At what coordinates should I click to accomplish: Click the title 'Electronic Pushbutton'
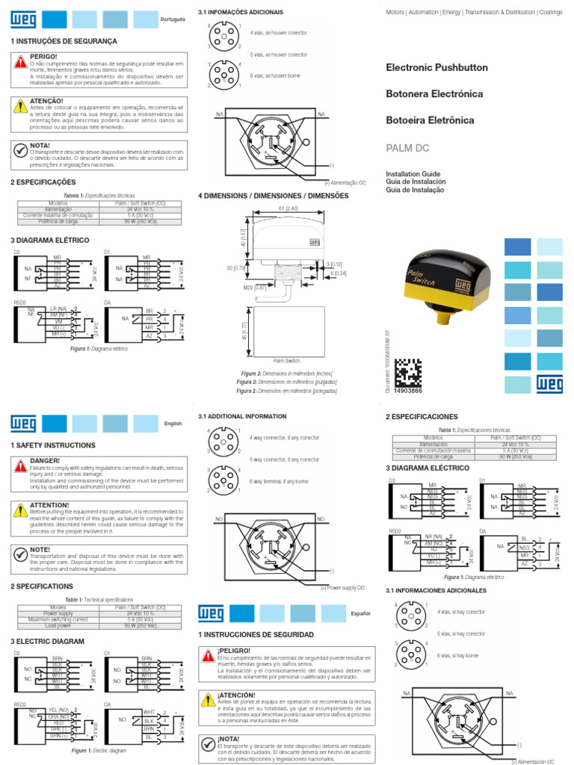436,68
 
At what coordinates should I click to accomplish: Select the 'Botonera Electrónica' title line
434,94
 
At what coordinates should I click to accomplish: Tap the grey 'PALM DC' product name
406,148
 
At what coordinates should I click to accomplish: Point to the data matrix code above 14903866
408,371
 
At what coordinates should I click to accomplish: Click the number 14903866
408,390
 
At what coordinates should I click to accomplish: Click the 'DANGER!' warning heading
45,462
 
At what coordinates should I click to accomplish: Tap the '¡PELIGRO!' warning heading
233,651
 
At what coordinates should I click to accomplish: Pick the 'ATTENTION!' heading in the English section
50,505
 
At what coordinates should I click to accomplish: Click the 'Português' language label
173,18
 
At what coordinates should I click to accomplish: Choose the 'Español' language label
361,613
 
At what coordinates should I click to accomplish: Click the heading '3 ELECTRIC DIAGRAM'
47,642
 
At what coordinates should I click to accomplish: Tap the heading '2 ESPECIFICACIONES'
422,416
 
